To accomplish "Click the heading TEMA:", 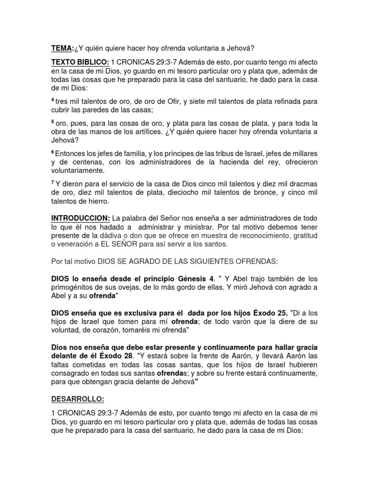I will click(62, 48).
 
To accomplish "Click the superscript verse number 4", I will click(53, 99).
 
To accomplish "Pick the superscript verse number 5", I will click(53, 122).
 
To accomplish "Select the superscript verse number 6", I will click(53, 152).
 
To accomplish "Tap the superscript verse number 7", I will click(53, 183).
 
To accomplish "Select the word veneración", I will click(79, 245).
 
